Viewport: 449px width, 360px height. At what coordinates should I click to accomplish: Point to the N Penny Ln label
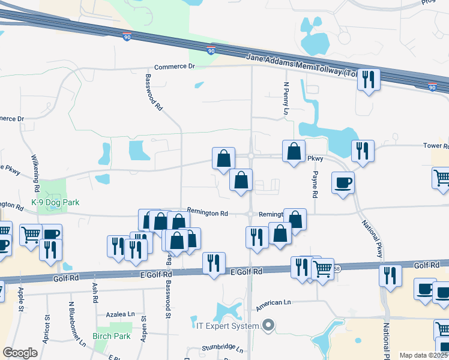coord(286,99)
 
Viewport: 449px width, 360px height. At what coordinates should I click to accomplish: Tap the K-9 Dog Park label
coord(55,203)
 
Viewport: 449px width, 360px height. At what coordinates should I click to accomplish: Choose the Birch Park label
coord(112,336)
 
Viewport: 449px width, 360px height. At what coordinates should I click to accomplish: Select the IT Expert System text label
coord(228,326)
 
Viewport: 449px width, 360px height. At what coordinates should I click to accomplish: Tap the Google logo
coord(20,353)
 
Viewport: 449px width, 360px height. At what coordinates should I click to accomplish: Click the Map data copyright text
coord(424,355)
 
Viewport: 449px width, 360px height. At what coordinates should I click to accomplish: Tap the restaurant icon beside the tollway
coord(369,79)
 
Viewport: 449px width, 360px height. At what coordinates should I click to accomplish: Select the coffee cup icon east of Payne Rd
coord(342,182)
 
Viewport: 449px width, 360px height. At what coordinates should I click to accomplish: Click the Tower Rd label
coord(436,146)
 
